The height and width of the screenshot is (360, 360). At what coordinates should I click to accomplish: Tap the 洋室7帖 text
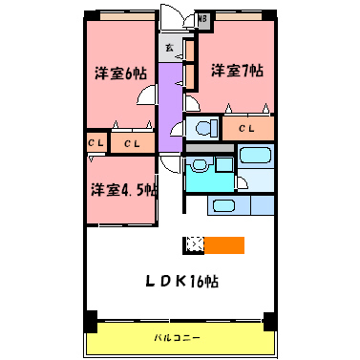coord(236,71)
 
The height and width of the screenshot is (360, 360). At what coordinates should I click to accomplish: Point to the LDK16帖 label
coord(182,281)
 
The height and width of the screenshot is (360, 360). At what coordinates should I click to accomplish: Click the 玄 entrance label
coord(169,47)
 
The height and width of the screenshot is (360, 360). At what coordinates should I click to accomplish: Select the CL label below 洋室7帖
coord(246,128)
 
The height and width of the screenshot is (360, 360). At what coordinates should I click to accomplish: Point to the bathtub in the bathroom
coord(255,158)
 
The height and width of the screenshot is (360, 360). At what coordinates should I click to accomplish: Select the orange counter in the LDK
coord(225,244)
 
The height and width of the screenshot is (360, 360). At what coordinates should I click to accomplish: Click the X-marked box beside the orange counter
coord(195,244)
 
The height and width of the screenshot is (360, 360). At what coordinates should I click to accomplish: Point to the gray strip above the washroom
coord(208,148)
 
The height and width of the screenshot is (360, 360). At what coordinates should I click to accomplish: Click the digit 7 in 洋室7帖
coord(246,71)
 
